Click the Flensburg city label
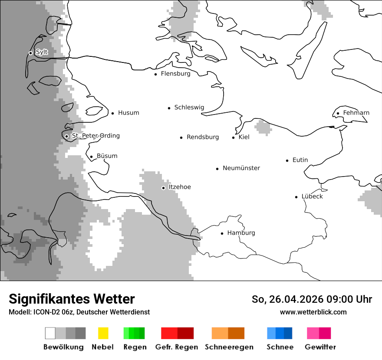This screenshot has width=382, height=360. pos(175,74)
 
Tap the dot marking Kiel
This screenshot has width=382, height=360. pos(234,137)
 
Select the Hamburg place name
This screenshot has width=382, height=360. pos(241,233)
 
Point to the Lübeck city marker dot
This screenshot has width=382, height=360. pos(296,197)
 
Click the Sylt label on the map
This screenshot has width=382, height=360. pos(42,52)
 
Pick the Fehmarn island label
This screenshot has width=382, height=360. pos(356,113)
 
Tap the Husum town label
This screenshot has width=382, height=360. pos(128,113)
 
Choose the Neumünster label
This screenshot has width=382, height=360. pos(241,168)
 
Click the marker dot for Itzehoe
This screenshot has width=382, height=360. pos(163,188)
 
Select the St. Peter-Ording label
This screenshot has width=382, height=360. pos(95,136)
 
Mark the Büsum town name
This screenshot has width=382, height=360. pos(107,156)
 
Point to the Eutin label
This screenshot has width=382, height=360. pos(300,160)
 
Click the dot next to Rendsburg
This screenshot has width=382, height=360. pos(181,137)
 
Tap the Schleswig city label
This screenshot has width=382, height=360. pos(189,108)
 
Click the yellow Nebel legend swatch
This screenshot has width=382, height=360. pos(103,333)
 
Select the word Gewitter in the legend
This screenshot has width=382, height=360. pos(320,347)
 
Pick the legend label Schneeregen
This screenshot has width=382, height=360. pos(229,347)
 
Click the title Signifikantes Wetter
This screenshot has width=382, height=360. pos(72,299)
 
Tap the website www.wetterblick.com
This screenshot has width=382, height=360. pos(313,312)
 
